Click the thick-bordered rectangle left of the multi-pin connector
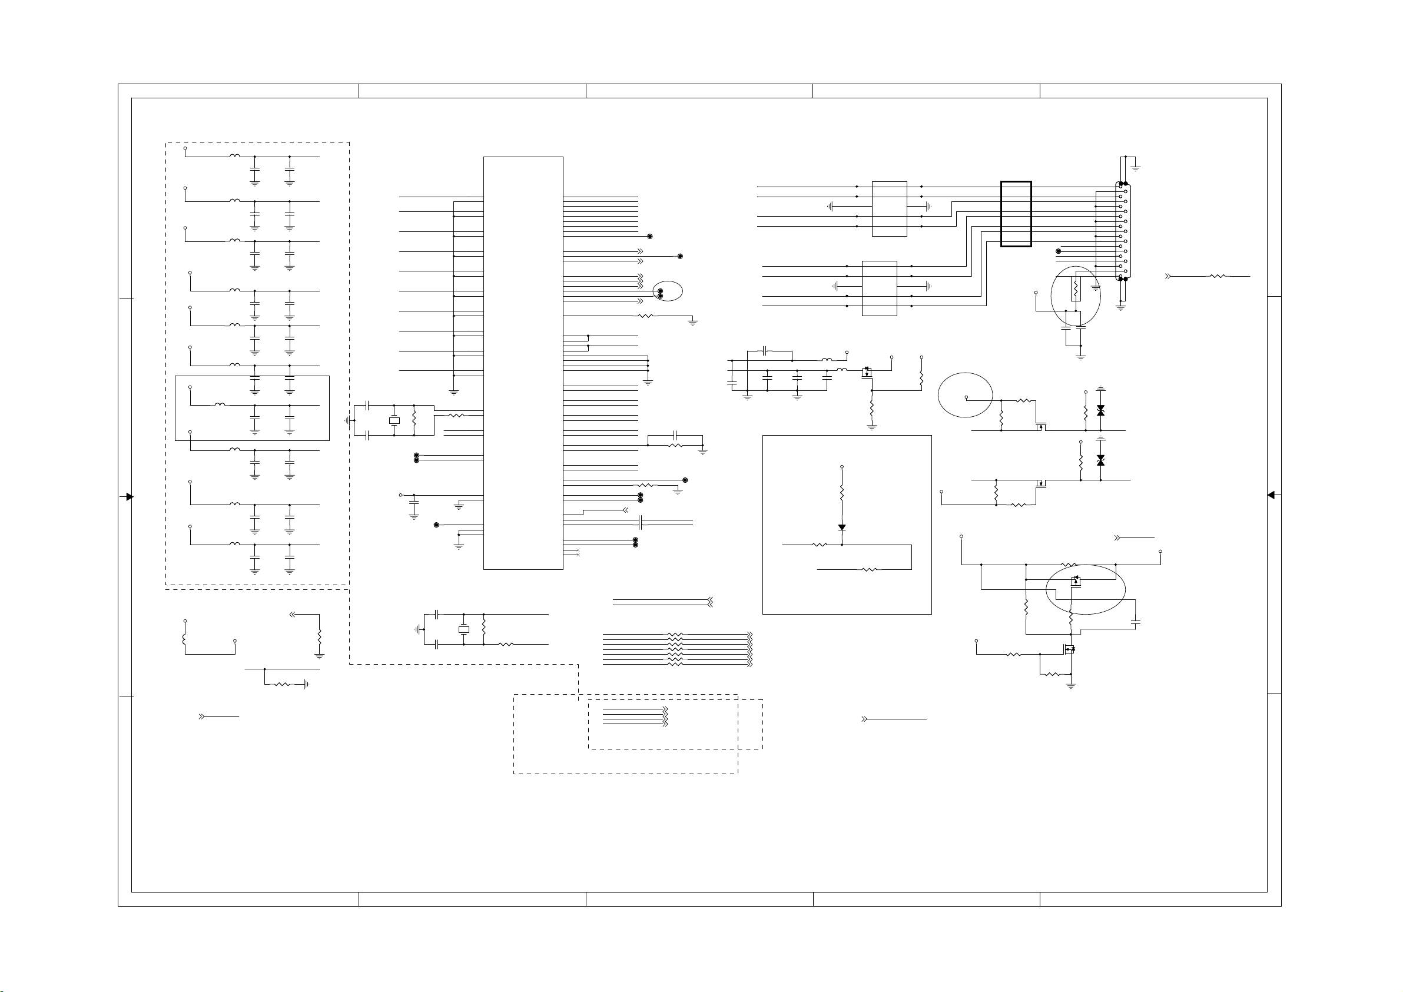1016,214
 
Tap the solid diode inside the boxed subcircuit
841,527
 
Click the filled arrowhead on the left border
129,497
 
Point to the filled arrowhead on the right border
1271,495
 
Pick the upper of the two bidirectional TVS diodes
1100,410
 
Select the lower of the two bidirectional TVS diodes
1100,460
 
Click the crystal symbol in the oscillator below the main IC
464,629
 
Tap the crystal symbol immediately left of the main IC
394,420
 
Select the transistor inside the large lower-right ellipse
1076,581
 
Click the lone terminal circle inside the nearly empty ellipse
966,397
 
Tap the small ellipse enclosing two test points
667,291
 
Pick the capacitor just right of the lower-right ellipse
1135,622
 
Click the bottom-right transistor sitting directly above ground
1069,650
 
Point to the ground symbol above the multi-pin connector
1135,167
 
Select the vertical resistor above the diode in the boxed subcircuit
841,493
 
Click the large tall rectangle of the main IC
523,363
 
